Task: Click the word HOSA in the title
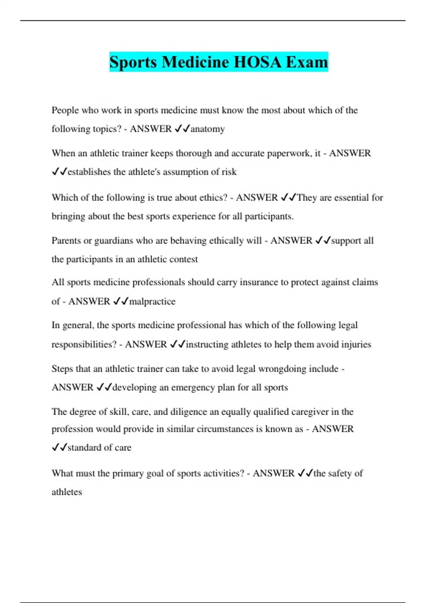coord(258,62)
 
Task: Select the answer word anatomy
coord(208,129)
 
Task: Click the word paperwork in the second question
coord(289,153)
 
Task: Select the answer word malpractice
coord(152,301)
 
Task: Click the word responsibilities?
coord(84,344)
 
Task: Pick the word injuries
coord(356,344)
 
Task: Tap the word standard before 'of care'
coord(84,448)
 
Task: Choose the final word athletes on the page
coord(67,492)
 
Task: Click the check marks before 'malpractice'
coord(120,301)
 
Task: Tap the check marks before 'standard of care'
coord(59,448)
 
